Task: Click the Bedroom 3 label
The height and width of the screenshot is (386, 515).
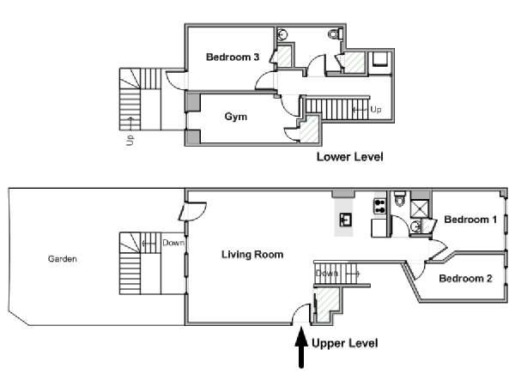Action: pos(233,57)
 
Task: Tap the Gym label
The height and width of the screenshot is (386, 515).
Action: pos(236,117)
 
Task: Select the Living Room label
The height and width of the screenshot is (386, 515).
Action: pos(252,255)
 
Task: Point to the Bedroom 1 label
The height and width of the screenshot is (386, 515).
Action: pos(470,220)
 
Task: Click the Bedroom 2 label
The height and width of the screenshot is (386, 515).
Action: pos(465,278)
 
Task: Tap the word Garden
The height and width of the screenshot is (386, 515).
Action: pos(63,259)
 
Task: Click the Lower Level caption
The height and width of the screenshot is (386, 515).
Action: pos(350,157)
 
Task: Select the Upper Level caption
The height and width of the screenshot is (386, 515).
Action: pos(345,343)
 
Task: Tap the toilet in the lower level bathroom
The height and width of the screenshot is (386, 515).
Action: pos(336,33)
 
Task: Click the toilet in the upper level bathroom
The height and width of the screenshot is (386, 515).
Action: pos(400,198)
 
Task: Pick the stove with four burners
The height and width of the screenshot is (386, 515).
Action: pos(379,206)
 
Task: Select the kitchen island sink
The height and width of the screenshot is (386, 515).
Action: pos(346,220)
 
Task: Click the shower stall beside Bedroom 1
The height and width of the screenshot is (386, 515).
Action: pos(420,208)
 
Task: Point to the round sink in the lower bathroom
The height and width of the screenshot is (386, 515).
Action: pos(282,33)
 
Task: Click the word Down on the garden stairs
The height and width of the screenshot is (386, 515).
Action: pos(173,243)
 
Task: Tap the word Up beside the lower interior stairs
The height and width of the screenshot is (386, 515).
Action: pos(376,109)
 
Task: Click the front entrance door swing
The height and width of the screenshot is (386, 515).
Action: pos(301,314)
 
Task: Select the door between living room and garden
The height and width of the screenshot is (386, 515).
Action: pos(192,211)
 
